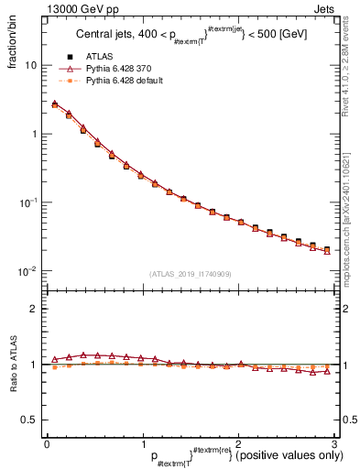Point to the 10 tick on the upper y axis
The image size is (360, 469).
29,66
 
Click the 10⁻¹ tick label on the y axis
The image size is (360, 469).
27,202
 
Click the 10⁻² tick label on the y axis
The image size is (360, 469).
27,271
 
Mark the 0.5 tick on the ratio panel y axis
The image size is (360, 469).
28,420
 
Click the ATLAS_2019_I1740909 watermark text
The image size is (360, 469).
191,274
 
